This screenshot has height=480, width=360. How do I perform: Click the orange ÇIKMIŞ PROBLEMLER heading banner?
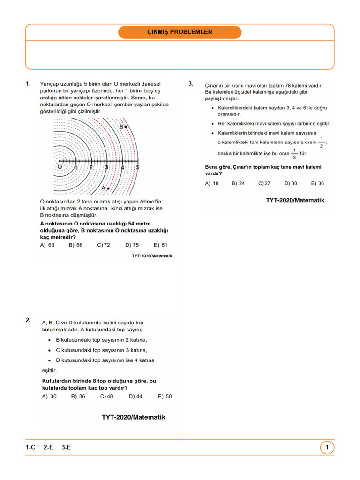[180, 32]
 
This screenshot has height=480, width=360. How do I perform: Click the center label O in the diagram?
[60, 166]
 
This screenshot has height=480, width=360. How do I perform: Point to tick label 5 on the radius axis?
[137, 167]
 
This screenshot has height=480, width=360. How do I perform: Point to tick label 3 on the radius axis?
[106, 167]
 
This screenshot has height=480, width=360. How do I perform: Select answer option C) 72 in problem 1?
[104, 245]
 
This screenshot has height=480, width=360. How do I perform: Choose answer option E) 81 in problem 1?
[160, 245]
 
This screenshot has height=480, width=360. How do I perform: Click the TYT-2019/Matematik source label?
[152, 256]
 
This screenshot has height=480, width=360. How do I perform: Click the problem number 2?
[28, 320]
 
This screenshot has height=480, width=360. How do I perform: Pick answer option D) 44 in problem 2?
[135, 396]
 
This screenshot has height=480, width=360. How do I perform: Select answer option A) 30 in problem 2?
[49, 396]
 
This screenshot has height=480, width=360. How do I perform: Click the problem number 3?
[191, 83]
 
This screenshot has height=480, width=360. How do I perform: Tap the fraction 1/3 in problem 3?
[294, 153]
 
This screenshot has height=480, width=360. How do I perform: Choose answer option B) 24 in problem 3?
[238, 183]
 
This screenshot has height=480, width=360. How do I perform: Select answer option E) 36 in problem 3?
[318, 183]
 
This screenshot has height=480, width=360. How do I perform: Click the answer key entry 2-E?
[48, 448]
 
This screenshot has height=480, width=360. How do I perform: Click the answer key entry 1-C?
[30, 448]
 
